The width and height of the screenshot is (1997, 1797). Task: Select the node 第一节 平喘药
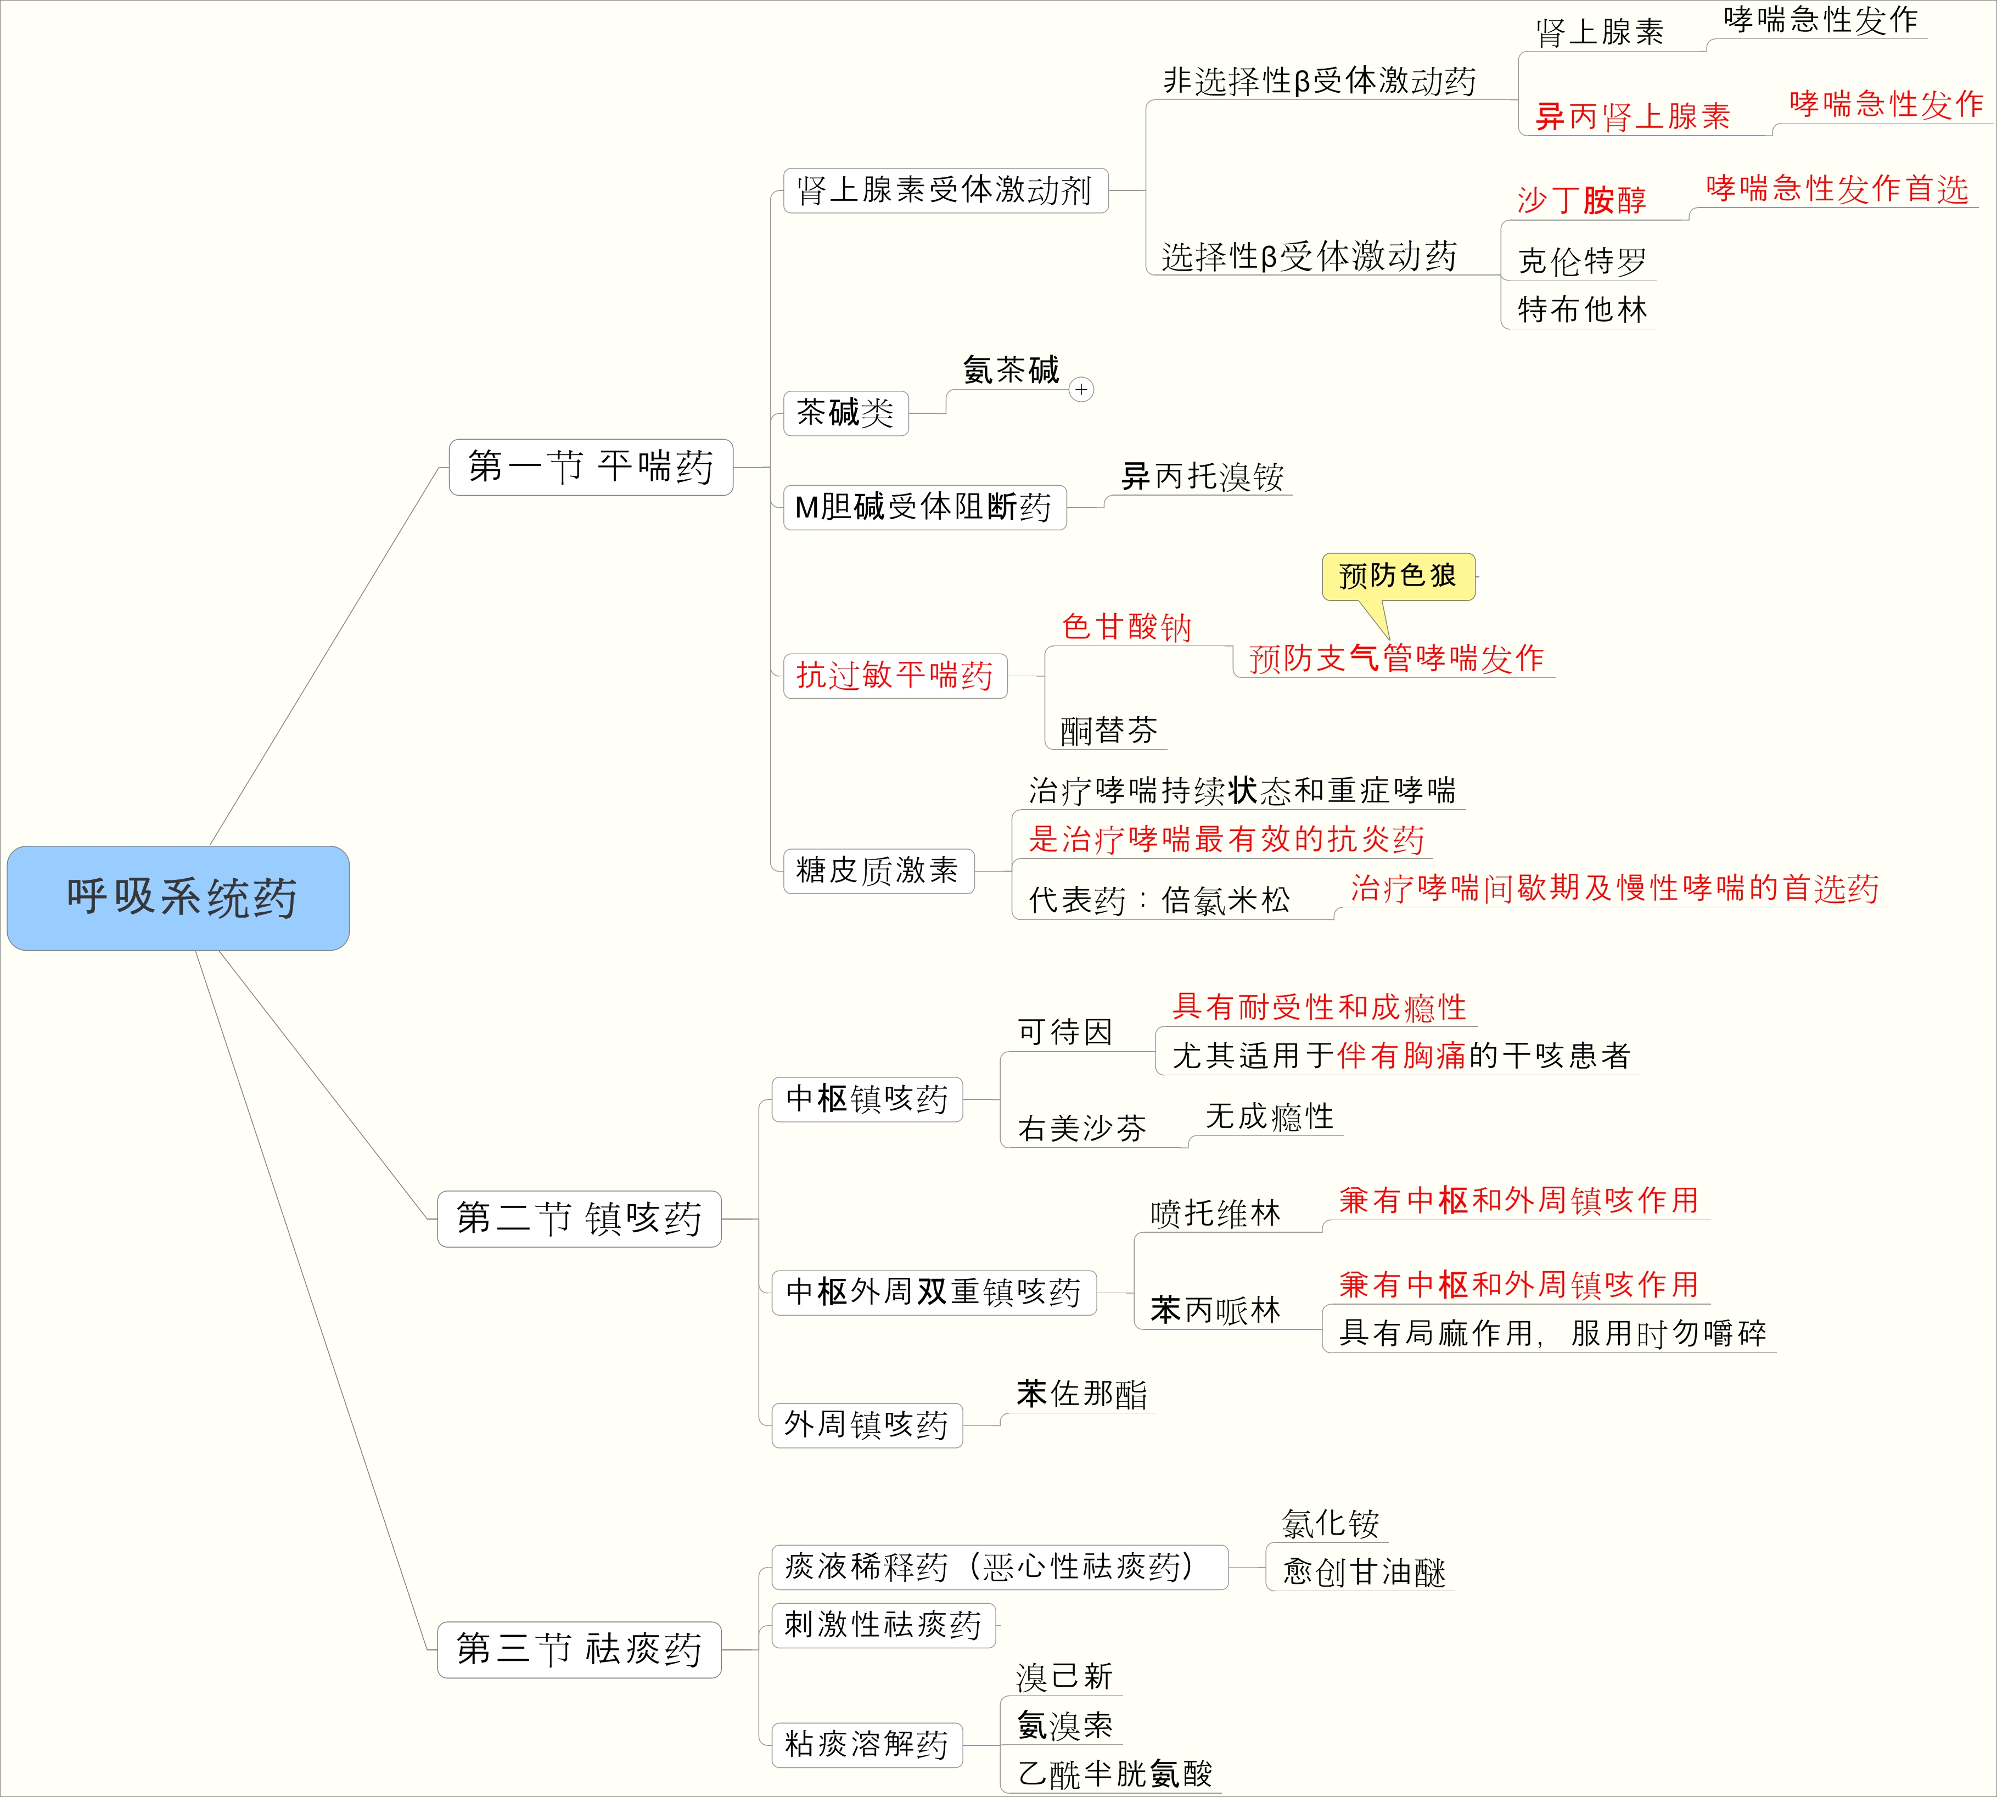pos(591,467)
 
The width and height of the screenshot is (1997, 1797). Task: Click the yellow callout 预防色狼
pos(1398,576)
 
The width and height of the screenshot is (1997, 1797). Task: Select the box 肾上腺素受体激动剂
pos(945,190)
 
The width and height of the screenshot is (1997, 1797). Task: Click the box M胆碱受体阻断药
pos(924,508)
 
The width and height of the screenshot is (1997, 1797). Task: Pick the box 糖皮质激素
pos(878,871)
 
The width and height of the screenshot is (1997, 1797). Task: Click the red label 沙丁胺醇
pos(1581,200)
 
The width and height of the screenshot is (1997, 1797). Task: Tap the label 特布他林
pos(1582,310)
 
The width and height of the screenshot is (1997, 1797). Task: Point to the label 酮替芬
pos(1108,731)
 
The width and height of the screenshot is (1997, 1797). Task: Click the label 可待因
pos(1065,1032)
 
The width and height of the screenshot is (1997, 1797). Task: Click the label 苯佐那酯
pos(1081,1394)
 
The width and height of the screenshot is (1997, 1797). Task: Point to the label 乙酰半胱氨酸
pos(1115,1774)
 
